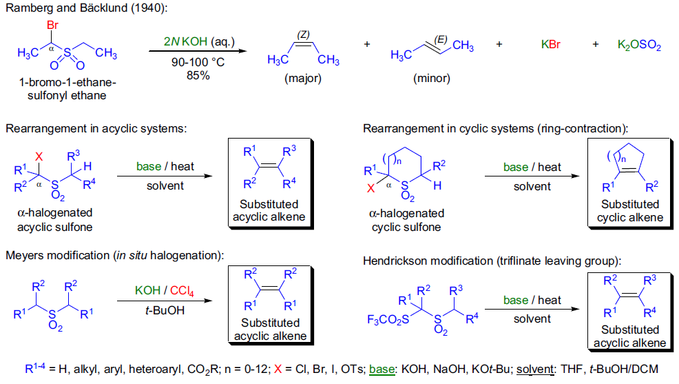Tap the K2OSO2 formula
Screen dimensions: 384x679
click(639, 46)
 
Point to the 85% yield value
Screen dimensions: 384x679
click(198, 75)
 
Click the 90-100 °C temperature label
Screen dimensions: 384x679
click(198, 62)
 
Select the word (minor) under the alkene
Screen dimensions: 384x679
click(432, 78)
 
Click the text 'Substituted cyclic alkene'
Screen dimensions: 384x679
click(629, 211)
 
